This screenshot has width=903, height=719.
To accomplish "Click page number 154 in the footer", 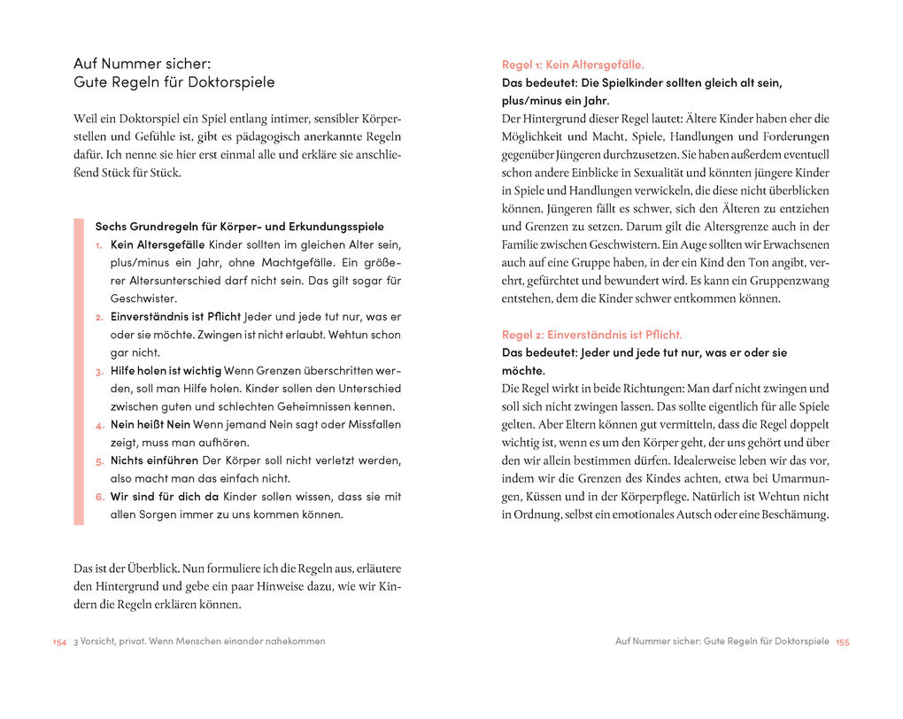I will (x=59, y=642).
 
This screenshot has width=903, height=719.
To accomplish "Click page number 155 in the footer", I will (x=842, y=642).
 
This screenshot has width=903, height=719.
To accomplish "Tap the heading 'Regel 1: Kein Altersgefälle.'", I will (x=573, y=65).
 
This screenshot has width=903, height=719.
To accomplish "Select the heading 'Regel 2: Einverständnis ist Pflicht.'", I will (x=592, y=335).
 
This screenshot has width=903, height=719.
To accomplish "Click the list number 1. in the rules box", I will (x=100, y=244).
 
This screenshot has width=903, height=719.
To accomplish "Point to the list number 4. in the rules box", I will (x=100, y=425).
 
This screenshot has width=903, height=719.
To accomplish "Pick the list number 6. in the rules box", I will (x=100, y=497).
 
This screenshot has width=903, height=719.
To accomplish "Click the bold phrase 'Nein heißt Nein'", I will (x=150, y=425).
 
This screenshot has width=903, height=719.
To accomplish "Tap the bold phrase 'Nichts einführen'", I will (x=154, y=460).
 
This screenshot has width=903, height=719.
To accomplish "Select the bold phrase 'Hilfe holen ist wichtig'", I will (x=166, y=370).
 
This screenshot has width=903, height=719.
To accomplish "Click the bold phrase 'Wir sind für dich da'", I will (x=164, y=497).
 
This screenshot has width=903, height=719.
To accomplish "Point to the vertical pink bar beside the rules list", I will (x=78, y=371).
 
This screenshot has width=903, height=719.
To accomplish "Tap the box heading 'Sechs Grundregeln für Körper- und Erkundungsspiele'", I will (x=239, y=227).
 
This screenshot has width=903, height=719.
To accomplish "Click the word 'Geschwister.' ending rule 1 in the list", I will (x=143, y=298).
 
